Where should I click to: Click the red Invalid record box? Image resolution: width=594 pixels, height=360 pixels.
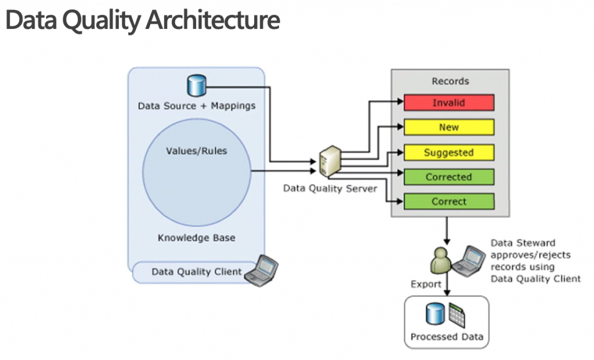pos(449,103)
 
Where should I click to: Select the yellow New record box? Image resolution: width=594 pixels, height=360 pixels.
pos(449,128)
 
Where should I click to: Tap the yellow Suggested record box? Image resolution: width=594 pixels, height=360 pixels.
pos(449,152)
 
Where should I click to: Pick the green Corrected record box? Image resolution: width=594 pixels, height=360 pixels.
pos(449,177)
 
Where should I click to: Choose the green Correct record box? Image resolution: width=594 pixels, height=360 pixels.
pos(449,202)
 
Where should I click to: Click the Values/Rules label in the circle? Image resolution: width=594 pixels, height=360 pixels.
pos(196,151)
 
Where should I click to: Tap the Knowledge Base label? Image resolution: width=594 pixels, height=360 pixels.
pos(196,238)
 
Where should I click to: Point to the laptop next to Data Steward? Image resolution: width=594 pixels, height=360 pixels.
pos(469,260)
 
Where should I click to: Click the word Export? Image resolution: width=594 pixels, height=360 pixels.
pos(426,285)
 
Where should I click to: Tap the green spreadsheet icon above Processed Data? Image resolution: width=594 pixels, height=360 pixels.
pos(457,315)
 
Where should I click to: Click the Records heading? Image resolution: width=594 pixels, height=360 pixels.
pos(450,81)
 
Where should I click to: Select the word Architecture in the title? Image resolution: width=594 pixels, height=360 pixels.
pos(212,20)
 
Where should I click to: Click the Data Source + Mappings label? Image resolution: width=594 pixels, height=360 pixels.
pos(196,106)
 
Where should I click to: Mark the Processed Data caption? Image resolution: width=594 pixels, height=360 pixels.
pos(446,337)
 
